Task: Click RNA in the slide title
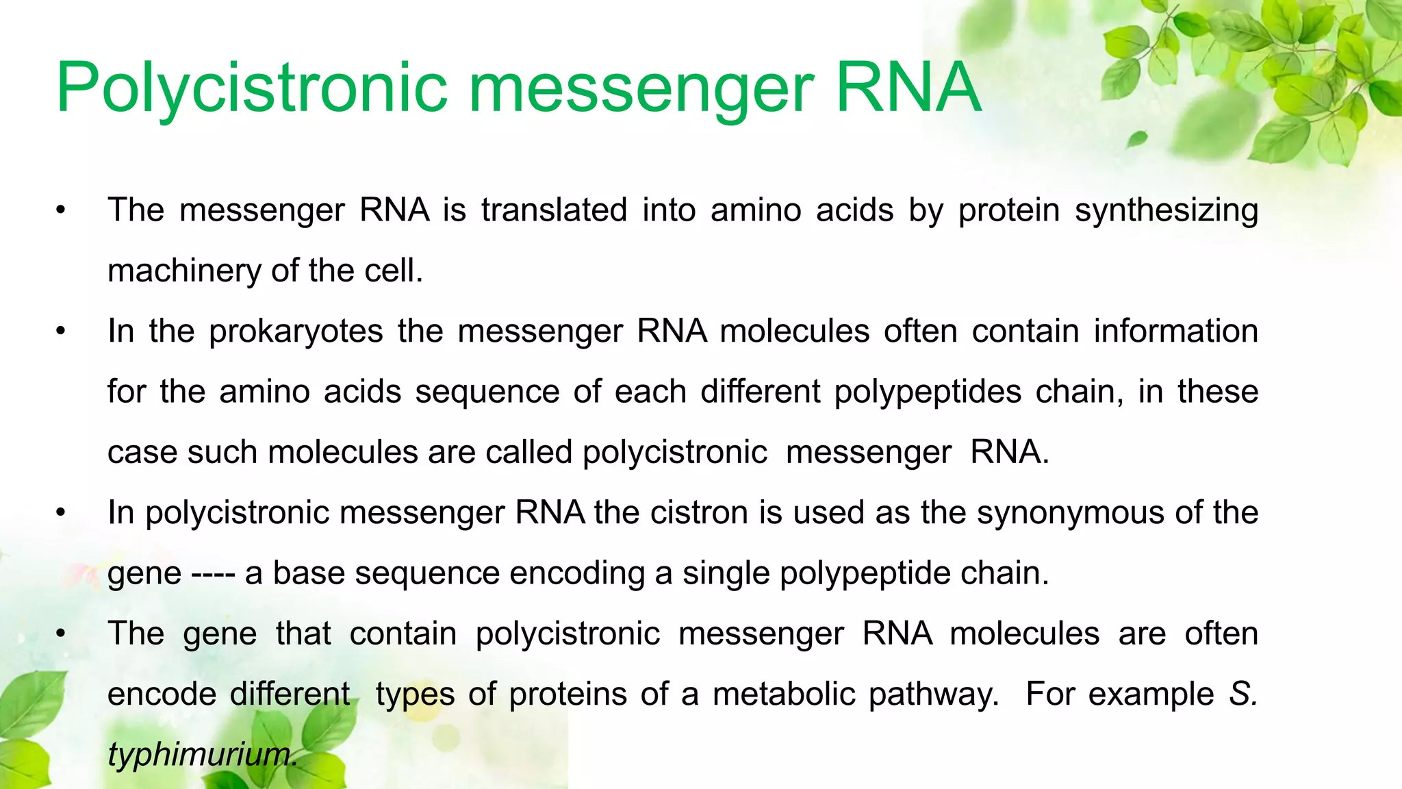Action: click(908, 88)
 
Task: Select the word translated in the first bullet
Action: click(554, 210)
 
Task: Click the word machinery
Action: click(185, 271)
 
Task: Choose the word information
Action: click(1175, 331)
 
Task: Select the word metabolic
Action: click(784, 694)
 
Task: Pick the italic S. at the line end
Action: click(1243, 694)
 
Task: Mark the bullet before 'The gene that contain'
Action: click(62, 634)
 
